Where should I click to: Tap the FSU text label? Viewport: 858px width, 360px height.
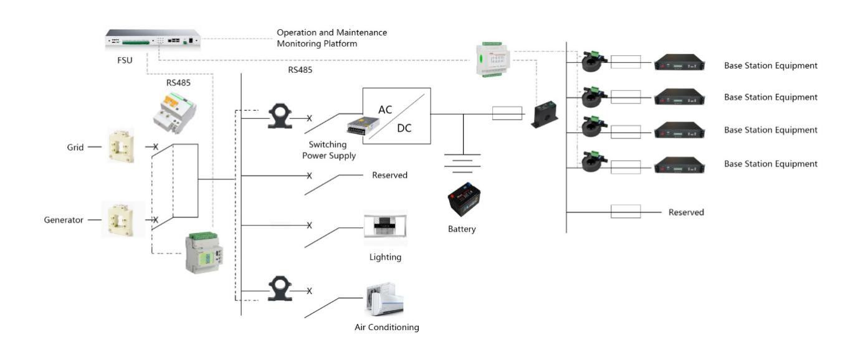point(125,60)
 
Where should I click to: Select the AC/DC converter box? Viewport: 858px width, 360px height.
point(396,116)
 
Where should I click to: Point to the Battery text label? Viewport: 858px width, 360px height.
point(462,229)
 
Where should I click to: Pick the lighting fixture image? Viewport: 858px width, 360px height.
point(385,226)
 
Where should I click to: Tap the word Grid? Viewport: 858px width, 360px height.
point(75,148)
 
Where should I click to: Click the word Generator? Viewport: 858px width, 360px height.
point(64,220)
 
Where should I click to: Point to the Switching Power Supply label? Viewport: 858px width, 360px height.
point(329,150)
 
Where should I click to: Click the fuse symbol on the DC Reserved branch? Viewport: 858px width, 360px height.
point(626,212)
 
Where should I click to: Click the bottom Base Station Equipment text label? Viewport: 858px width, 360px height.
point(770,164)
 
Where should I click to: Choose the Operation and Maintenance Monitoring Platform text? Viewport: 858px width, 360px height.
point(331,38)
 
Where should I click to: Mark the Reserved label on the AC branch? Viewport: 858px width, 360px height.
point(389,175)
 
